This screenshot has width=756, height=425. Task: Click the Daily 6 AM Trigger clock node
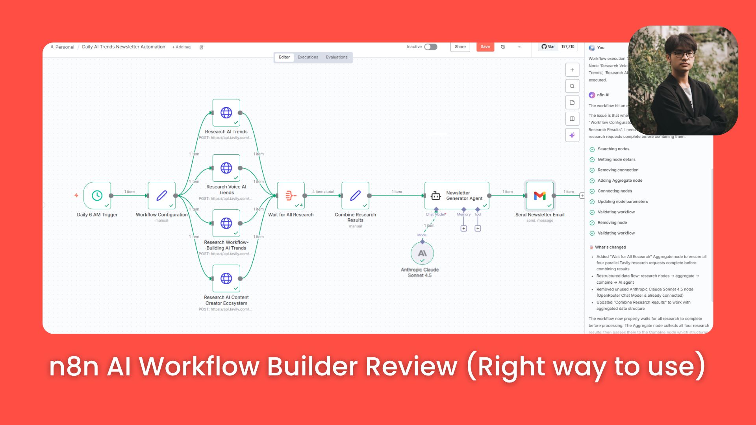[x=97, y=196]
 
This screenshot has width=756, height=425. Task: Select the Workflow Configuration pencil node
[x=161, y=196]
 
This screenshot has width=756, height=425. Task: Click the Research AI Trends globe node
[x=226, y=113]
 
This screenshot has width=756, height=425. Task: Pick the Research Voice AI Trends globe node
[x=226, y=168]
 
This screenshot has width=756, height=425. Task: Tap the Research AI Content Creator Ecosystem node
[x=226, y=279]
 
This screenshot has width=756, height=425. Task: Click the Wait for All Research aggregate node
[x=291, y=196]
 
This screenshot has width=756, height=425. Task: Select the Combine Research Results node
[x=355, y=196]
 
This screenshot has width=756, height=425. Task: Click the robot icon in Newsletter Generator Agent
[x=436, y=196]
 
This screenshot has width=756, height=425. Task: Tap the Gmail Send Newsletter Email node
[x=540, y=196]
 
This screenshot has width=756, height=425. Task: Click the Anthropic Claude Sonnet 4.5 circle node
[x=422, y=253]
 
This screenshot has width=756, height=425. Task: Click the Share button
[x=460, y=47]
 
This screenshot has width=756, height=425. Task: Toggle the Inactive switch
[x=431, y=47]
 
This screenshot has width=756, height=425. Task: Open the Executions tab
[x=308, y=57]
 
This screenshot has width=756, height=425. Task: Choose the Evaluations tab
[x=337, y=57]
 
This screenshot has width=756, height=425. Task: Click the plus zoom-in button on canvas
[x=572, y=70]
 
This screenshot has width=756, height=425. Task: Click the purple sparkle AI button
[x=572, y=135]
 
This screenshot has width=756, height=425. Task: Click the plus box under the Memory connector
[x=464, y=229]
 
